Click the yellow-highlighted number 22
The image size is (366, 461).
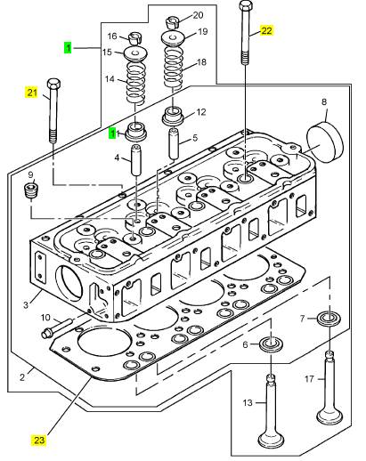click(266, 30)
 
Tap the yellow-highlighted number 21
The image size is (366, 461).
click(32, 93)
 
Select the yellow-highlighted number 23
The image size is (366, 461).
click(39, 440)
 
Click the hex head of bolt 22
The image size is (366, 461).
click(246, 5)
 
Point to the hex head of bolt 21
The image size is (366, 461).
click(53, 84)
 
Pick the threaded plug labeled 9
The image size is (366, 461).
click(31, 191)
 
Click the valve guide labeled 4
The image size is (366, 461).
click(136, 160)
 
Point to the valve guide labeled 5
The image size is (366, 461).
click(174, 143)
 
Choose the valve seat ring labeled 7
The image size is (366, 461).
click(329, 319)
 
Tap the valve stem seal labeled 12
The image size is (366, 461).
click(174, 117)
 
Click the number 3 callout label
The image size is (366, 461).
click(26, 304)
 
